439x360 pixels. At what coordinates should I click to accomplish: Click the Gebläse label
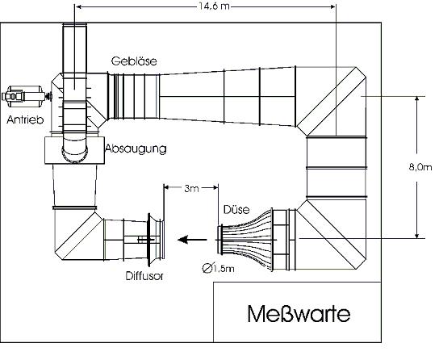[x=134, y=61]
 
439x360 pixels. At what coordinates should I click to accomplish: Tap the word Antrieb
[x=25, y=119]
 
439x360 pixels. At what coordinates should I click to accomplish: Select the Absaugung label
[x=136, y=149]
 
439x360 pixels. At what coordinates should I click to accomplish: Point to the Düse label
[x=236, y=209]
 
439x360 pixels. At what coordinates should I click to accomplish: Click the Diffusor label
[x=144, y=276]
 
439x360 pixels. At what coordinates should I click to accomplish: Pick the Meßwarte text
[x=299, y=314]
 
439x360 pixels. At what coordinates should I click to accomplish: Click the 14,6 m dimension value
[x=214, y=6]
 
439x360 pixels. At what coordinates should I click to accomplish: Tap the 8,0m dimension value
[x=420, y=167]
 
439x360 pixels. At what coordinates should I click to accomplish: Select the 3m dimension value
[x=191, y=188]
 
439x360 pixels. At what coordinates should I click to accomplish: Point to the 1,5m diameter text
[x=224, y=269]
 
